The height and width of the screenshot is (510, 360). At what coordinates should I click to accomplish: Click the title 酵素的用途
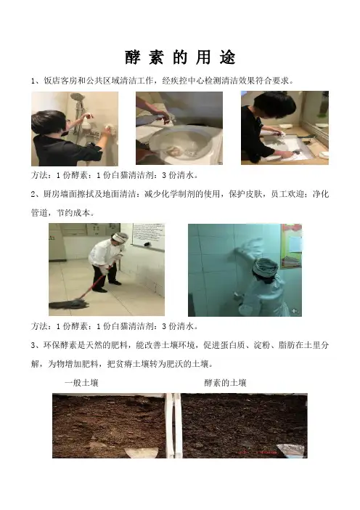coord(180,57)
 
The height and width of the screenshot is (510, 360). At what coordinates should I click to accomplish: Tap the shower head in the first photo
coord(78,97)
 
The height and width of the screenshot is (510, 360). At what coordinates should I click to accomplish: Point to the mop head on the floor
coord(69,304)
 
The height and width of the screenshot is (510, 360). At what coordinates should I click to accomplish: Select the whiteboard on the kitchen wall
coord(149,236)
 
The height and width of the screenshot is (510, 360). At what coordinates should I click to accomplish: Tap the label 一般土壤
coord(81,383)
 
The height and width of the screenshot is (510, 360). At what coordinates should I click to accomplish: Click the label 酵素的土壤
coord(225,383)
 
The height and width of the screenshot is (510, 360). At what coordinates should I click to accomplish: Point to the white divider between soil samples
coord(173,426)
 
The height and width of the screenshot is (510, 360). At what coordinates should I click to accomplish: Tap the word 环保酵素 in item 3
coord(60,345)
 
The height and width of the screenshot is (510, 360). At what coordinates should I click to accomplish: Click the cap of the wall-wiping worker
coord(266,267)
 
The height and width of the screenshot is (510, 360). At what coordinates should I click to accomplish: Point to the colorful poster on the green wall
coord(291,246)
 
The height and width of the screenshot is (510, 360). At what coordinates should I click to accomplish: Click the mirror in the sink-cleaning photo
coord(316,115)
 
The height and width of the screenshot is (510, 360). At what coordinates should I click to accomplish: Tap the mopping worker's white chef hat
coord(120,238)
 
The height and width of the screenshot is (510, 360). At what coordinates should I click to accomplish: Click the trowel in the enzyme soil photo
coord(291,450)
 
